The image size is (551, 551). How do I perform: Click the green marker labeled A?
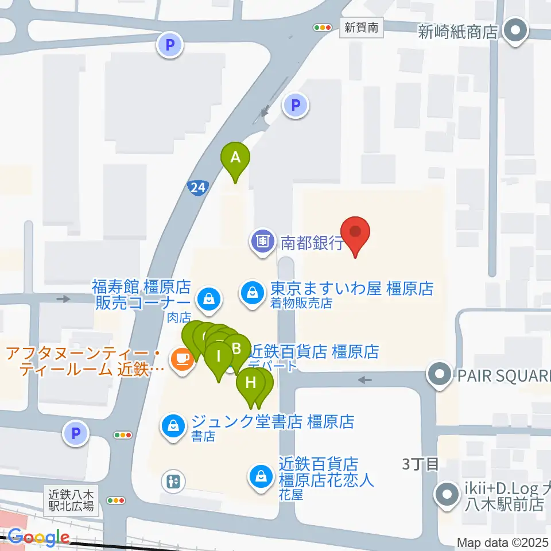(x=235, y=157)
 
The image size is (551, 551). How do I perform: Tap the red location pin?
(x=355, y=232)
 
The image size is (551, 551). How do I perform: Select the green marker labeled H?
(x=251, y=382)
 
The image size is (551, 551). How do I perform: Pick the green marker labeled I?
(x=219, y=356)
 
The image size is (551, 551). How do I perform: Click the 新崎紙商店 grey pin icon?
(x=515, y=30)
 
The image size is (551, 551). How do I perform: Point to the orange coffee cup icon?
(x=181, y=359)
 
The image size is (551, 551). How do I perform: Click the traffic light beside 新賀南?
(x=323, y=27)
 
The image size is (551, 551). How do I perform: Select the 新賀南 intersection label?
(x=362, y=27)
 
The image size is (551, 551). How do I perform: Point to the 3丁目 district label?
(x=420, y=464)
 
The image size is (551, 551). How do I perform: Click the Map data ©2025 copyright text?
(x=503, y=542)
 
